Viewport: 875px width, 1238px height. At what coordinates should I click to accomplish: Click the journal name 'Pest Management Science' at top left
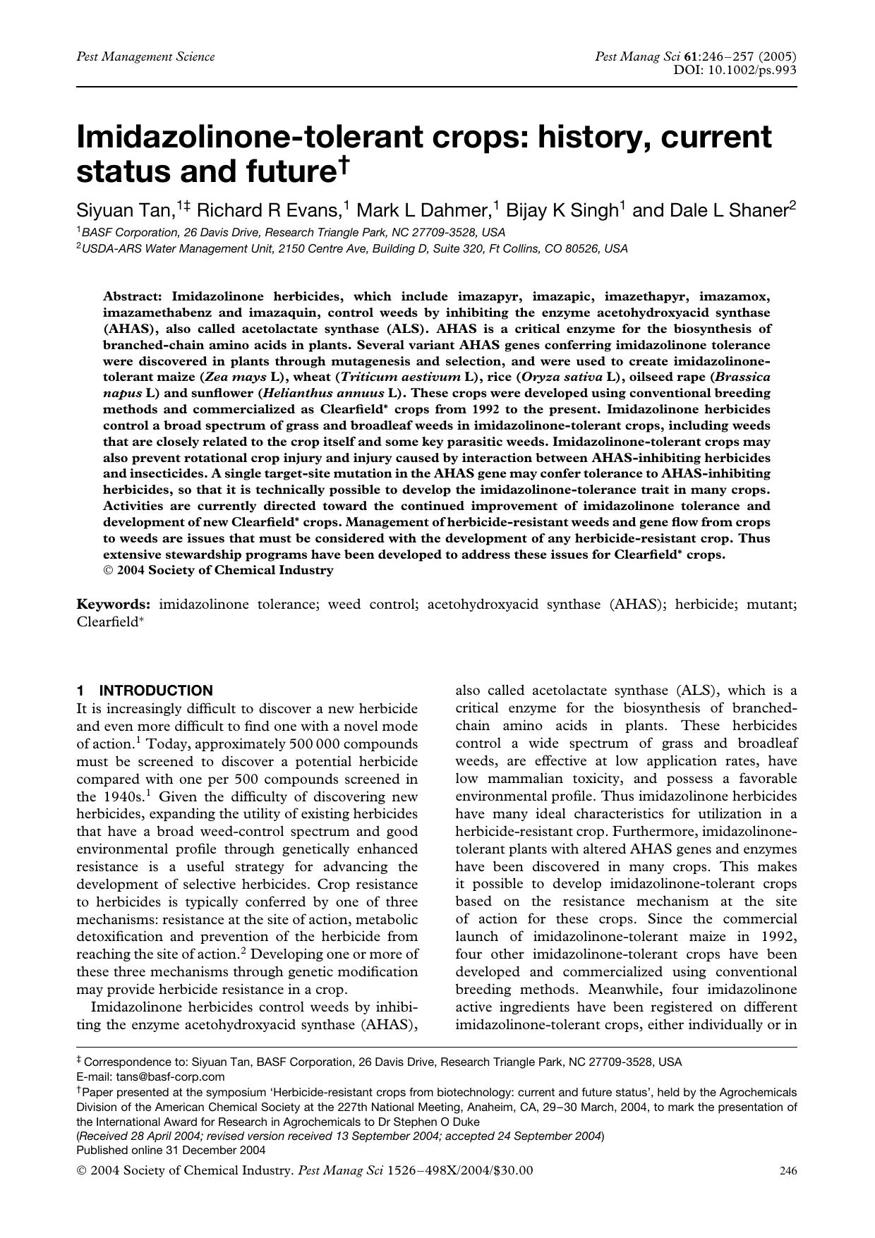click(145, 56)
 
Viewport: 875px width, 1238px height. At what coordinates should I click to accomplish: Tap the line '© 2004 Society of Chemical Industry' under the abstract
click(218, 570)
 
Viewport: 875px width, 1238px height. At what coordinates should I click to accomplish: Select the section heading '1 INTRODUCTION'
click(145, 691)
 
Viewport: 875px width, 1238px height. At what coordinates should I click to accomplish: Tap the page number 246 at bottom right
click(787, 1171)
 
